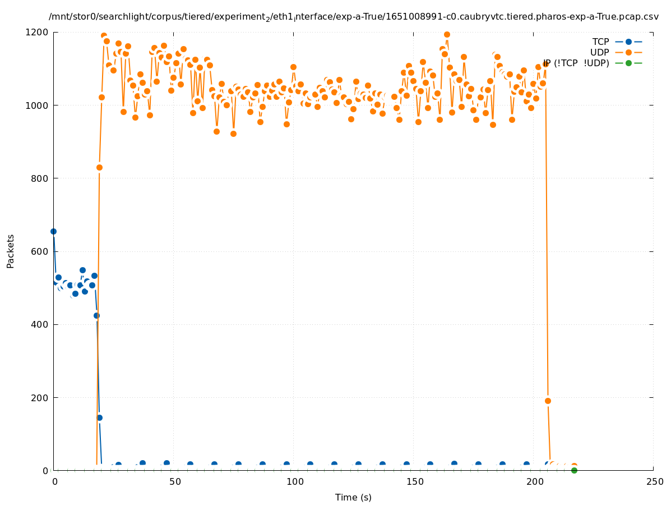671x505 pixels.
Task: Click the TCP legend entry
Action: pyautogui.click(x=600, y=42)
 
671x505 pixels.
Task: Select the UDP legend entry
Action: pyautogui.click(x=599, y=52)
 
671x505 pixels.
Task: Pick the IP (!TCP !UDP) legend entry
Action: pyautogui.click(x=576, y=63)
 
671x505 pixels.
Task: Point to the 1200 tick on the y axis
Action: pyautogui.click(x=38, y=32)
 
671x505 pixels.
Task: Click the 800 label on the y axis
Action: pyautogui.click(x=40, y=178)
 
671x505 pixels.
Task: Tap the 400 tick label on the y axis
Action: pyautogui.click(x=40, y=324)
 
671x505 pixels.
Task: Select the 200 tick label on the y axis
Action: pyautogui.click(x=40, y=398)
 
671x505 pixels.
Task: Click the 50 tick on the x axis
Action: pyautogui.click(x=175, y=481)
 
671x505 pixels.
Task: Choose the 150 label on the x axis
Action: pyautogui.click(x=415, y=481)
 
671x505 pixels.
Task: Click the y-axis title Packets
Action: pyautogui.click(x=11, y=251)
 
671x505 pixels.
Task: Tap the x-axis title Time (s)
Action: pyautogui.click(x=353, y=497)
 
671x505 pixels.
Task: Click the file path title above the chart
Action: pyautogui.click(x=353, y=17)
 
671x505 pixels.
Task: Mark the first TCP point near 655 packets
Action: pyautogui.click(x=53, y=231)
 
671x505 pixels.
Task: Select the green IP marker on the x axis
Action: pyautogui.click(x=574, y=470)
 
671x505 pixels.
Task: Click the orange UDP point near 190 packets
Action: pyautogui.click(x=548, y=401)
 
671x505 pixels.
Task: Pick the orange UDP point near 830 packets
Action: pyautogui.click(x=99, y=167)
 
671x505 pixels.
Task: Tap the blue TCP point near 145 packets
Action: pyautogui.click(x=99, y=417)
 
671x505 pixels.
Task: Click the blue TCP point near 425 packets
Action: pyautogui.click(x=96, y=315)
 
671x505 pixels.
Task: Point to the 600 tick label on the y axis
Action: pyautogui.click(x=40, y=251)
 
